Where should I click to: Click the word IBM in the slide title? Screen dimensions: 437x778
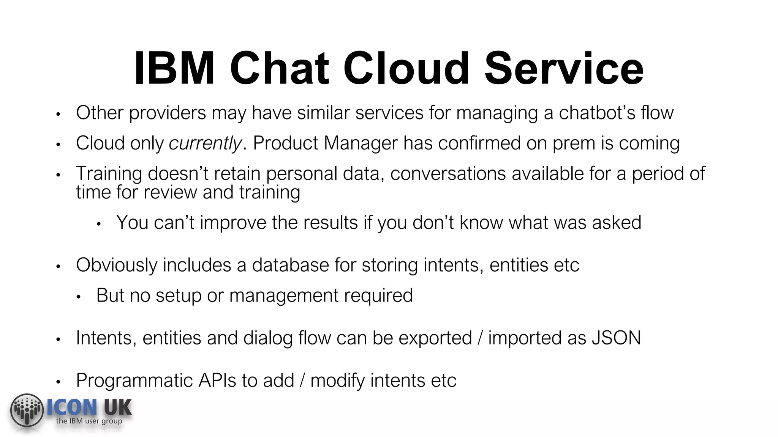pos(174,69)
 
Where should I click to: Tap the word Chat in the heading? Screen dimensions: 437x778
pos(279,69)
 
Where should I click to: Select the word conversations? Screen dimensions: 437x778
pos(448,174)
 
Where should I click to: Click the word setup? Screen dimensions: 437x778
pos(178,296)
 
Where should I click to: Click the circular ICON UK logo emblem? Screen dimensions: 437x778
pos(27,410)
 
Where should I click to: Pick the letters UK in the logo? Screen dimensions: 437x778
pos(118,408)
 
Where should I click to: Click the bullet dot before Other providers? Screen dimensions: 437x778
pos(58,114)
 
